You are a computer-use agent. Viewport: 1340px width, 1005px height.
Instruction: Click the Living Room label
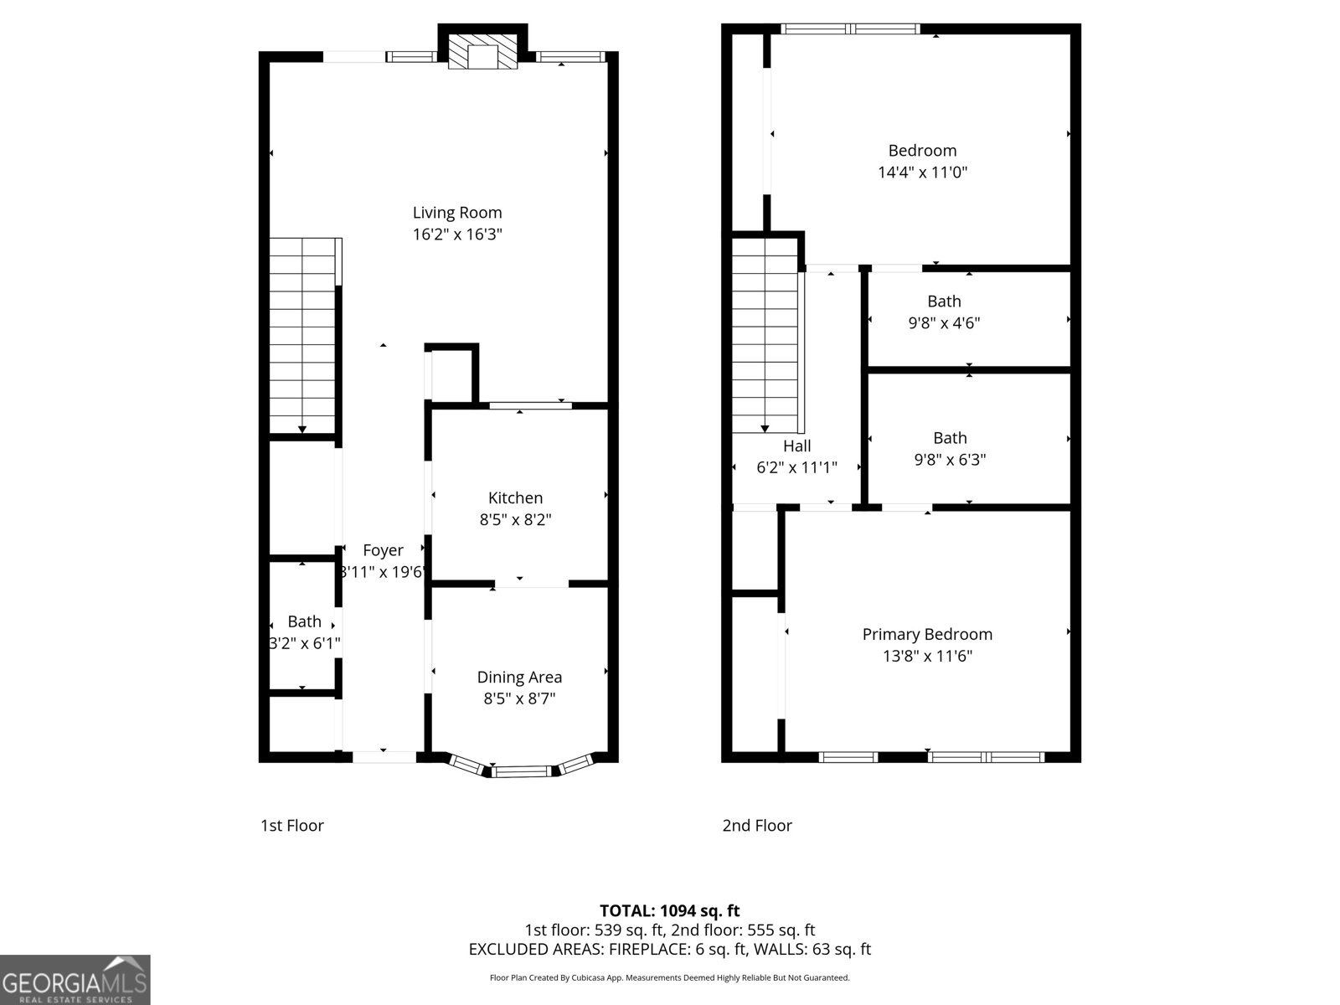pos(456,213)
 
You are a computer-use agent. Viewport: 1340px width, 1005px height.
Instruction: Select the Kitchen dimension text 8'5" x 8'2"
pos(515,519)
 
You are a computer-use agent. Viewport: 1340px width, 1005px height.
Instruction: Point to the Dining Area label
pos(519,677)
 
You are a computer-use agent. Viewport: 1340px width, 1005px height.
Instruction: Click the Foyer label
pos(383,550)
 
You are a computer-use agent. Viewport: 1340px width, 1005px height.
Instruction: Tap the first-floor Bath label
pos(304,621)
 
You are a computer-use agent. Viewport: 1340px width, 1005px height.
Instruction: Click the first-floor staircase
pos(302,335)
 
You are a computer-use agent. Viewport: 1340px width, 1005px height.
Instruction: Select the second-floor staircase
pos(765,335)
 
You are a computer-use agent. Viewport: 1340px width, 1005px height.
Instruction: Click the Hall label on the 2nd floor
pos(796,446)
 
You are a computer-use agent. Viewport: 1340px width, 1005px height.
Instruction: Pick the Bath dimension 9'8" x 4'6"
pos(944,322)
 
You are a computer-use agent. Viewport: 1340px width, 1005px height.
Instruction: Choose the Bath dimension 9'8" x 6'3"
pos(950,459)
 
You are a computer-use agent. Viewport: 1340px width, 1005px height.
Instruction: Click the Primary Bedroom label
pos(927,634)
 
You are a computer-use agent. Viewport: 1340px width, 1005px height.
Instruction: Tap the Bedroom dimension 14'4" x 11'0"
pos(922,173)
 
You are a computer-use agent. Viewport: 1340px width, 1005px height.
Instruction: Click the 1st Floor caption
pos(291,825)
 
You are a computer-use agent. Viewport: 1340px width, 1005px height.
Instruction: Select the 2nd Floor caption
pos(757,825)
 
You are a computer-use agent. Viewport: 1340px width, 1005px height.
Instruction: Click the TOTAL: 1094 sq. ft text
pos(669,910)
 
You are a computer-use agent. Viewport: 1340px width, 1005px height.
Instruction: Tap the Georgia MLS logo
pos(75,980)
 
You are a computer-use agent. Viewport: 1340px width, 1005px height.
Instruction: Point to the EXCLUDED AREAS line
pos(669,949)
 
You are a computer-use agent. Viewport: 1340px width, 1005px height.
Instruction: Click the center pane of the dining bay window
pos(521,770)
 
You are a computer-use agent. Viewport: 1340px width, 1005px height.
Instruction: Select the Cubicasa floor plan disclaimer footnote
pos(669,977)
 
